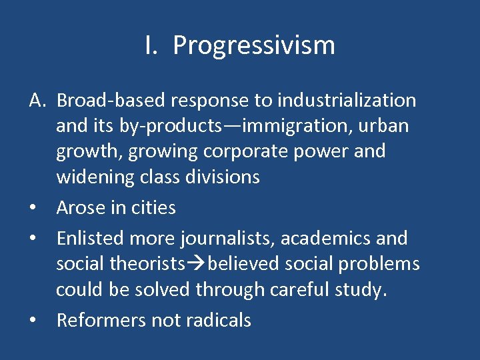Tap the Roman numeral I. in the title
[151, 46]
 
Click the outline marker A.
[37, 101]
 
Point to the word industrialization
[347, 101]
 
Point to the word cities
[153, 208]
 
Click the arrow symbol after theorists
[196, 264]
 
